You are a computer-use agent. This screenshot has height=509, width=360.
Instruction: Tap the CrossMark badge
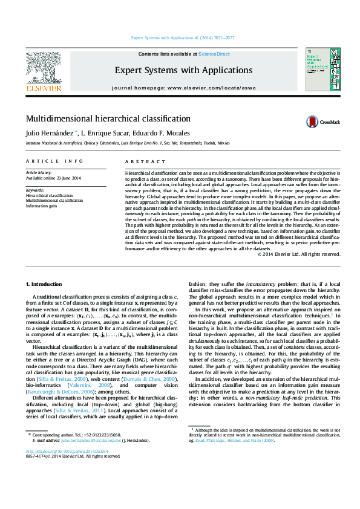(x=324, y=122)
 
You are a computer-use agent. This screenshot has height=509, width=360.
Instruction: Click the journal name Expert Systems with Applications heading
(x=180, y=70)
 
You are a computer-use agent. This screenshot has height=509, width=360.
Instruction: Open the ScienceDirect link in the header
(x=215, y=54)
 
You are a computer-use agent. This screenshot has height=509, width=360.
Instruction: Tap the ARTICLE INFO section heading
(x=54, y=161)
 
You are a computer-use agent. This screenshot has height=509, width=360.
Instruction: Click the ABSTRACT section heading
(x=145, y=161)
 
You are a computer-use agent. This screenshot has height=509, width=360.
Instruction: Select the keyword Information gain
(x=41, y=206)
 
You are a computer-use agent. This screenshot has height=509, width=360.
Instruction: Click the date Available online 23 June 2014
(x=53, y=178)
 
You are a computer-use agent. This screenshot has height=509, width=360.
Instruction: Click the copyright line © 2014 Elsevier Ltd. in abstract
(x=307, y=254)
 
